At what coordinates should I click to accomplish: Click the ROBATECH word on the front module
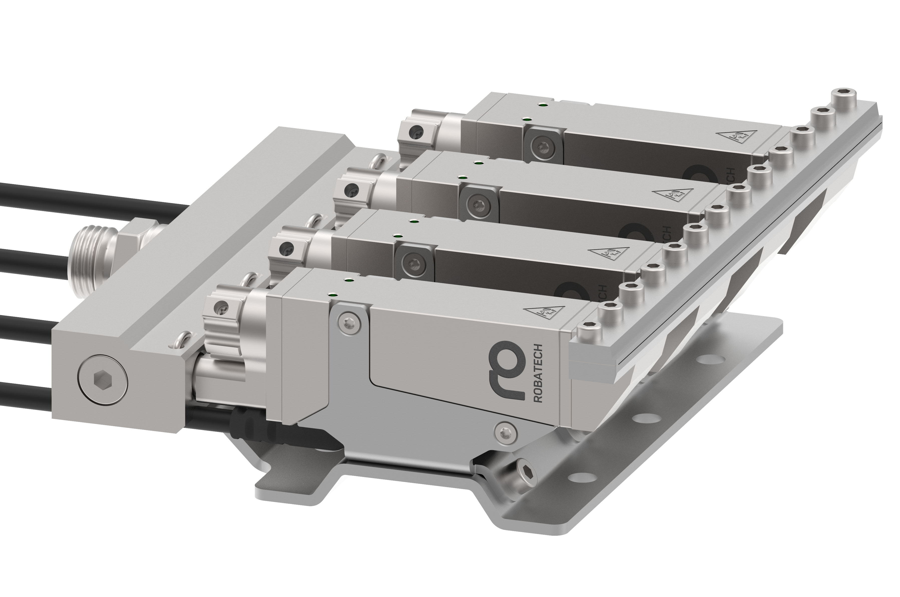pos(538,373)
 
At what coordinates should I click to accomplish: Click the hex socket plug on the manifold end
pos(103,380)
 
